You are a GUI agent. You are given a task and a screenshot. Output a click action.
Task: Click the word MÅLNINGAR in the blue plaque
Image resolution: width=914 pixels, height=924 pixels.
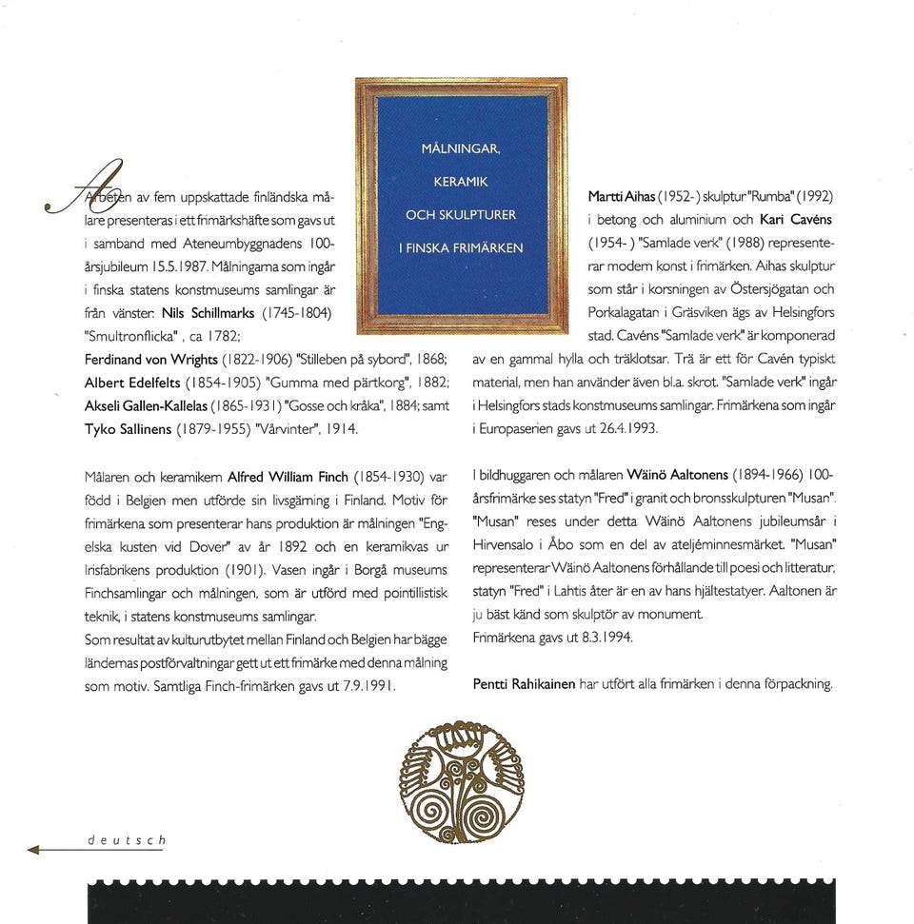click(461, 148)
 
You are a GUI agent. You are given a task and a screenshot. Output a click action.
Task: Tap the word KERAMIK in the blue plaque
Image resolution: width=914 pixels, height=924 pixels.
click(461, 181)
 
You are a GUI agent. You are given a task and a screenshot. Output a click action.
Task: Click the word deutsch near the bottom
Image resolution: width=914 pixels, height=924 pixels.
click(127, 840)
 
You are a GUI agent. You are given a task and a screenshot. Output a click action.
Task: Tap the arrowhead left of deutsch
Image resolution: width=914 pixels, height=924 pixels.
click(35, 849)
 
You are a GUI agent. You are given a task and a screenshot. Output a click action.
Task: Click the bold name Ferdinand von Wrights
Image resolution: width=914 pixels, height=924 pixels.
click(151, 360)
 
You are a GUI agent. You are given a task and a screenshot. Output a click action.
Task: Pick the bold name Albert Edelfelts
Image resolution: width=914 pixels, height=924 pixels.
click(137, 383)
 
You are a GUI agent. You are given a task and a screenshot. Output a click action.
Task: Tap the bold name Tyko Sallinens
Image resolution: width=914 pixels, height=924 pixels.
click(129, 429)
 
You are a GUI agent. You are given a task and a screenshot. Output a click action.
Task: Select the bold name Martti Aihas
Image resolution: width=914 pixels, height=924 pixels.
click(622, 196)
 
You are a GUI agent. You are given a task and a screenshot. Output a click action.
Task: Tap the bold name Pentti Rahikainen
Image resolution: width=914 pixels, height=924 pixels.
click(524, 683)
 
